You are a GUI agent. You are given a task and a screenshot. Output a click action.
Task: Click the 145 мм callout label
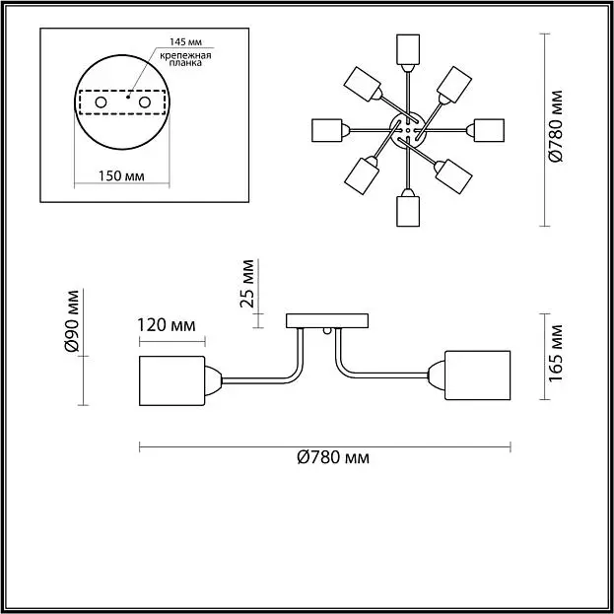(x=185, y=41)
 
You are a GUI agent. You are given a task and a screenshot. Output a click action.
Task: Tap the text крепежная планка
(x=185, y=59)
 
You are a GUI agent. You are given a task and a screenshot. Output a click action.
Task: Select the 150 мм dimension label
(x=121, y=175)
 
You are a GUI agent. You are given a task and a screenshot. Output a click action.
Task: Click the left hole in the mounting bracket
(x=101, y=102)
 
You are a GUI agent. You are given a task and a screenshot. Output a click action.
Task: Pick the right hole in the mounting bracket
(x=145, y=102)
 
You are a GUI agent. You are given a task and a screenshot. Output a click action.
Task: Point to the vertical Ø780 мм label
(x=556, y=126)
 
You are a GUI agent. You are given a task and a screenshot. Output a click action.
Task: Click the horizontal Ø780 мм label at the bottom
(x=333, y=457)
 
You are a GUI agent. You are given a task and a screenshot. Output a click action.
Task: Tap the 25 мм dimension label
(x=247, y=283)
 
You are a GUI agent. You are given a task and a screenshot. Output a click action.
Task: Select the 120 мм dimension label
(x=167, y=325)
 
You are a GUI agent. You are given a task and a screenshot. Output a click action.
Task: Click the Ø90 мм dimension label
(x=73, y=320)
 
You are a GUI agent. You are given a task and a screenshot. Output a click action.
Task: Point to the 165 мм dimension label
(x=556, y=353)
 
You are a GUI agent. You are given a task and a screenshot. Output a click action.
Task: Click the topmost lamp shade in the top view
(x=408, y=49)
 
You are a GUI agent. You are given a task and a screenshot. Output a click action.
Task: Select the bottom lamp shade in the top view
(x=408, y=211)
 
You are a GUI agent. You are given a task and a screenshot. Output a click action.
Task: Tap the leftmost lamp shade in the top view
(x=327, y=130)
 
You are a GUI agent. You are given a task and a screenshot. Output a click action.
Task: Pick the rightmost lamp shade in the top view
(x=489, y=130)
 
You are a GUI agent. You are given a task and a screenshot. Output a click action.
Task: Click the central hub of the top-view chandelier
(x=408, y=130)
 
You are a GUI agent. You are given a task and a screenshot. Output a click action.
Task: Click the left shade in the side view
(x=171, y=380)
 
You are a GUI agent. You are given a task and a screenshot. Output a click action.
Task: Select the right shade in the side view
(x=478, y=375)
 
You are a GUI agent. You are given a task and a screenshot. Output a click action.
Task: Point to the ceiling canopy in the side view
(x=327, y=320)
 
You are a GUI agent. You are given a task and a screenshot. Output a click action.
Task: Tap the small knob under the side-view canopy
(x=327, y=331)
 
